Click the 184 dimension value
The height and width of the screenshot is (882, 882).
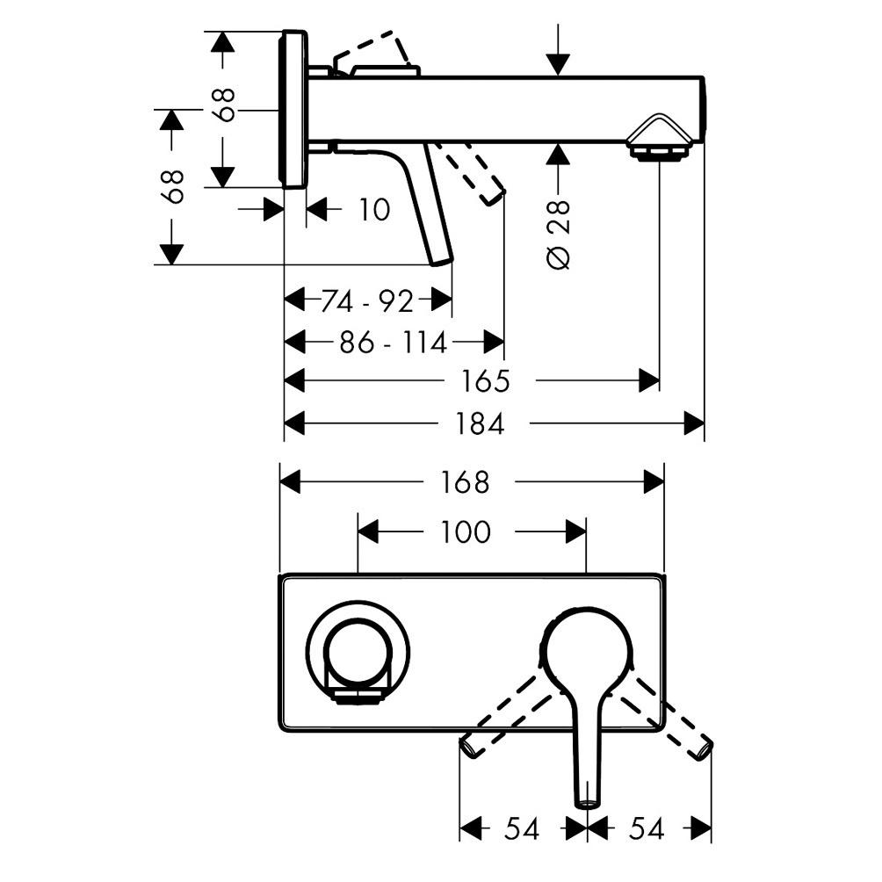[x=480, y=423]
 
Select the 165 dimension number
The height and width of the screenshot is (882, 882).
[x=486, y=380]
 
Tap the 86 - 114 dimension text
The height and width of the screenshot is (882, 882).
[x=394, y=342]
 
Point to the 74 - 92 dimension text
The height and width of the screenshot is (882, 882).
[x=367, y=301]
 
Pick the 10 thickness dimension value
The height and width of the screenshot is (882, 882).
[x=374, y=210]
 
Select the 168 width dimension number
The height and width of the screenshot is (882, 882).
[x=465, y=482]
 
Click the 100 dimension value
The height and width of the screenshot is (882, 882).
[x=466, y=531]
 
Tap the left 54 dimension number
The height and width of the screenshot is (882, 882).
[x=522, y=828]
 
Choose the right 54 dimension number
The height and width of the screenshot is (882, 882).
[x=647, y=828]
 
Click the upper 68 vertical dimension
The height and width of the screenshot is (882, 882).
[x=225, y=105]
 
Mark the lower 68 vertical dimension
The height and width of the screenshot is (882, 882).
[x=174, y=186]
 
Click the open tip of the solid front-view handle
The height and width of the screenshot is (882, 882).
[x=587, y=805]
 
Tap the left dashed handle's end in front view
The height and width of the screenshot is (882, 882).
[x=468, y=748]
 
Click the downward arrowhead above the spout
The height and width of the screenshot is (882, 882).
[x=558, y=64]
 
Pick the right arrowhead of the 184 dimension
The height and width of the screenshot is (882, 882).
[x=694, y=423]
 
